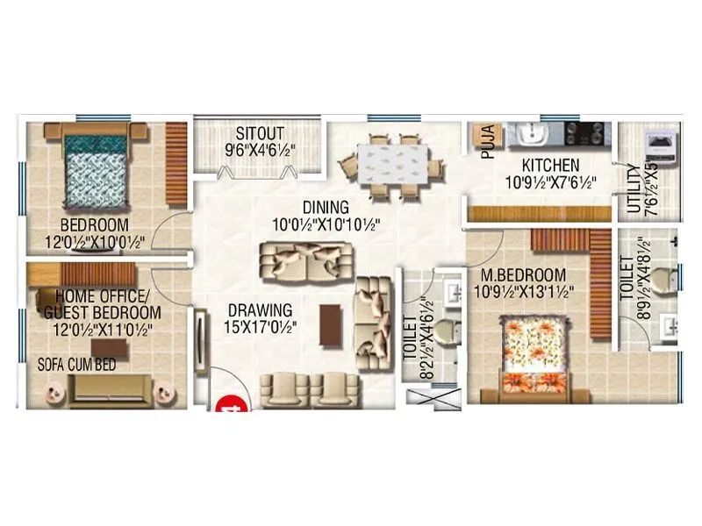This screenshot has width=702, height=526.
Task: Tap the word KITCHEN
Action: click(550, 165)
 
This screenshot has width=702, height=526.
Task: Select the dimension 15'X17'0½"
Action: click(261, 326)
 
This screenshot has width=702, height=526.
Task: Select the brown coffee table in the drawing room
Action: click(330, 325)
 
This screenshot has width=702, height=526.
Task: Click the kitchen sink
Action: click(532, 134)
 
